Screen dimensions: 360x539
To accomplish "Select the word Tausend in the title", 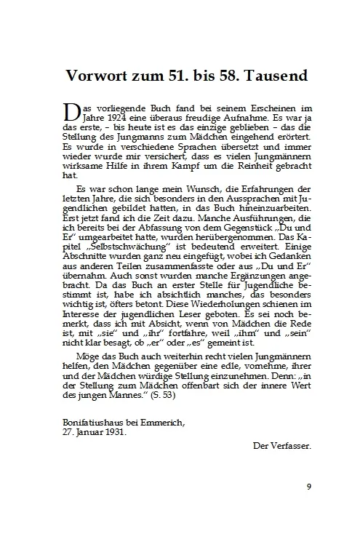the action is pos(273,76).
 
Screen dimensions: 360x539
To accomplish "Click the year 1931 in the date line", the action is pos(113,430).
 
